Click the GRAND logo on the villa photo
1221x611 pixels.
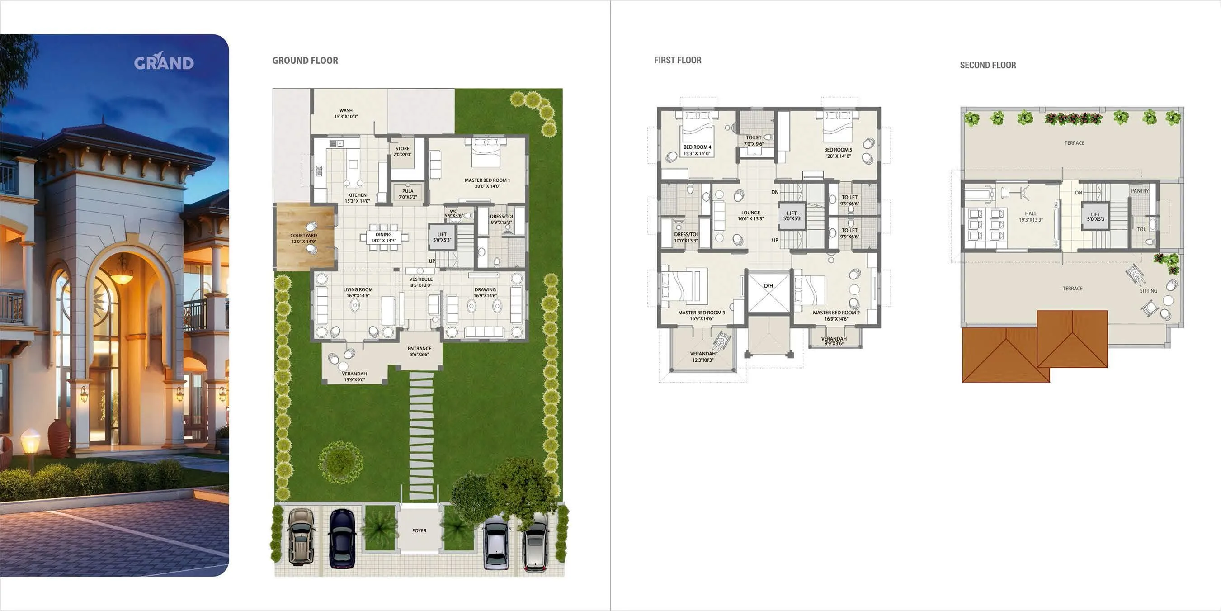[164, 62]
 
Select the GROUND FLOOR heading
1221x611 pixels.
[305, 61]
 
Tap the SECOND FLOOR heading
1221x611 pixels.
[988, 66]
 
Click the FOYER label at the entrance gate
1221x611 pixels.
[419, 531]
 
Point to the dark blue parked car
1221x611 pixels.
[342, 539]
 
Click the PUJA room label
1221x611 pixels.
[408, 194]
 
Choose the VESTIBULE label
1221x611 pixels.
[421, 282]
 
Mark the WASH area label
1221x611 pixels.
[346, 114]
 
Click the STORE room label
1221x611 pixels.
[402, 151]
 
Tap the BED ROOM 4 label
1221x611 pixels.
[697, 150]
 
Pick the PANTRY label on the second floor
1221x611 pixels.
[1140, 191]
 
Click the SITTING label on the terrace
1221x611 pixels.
[1148, 291]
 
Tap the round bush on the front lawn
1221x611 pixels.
[340, 461]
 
